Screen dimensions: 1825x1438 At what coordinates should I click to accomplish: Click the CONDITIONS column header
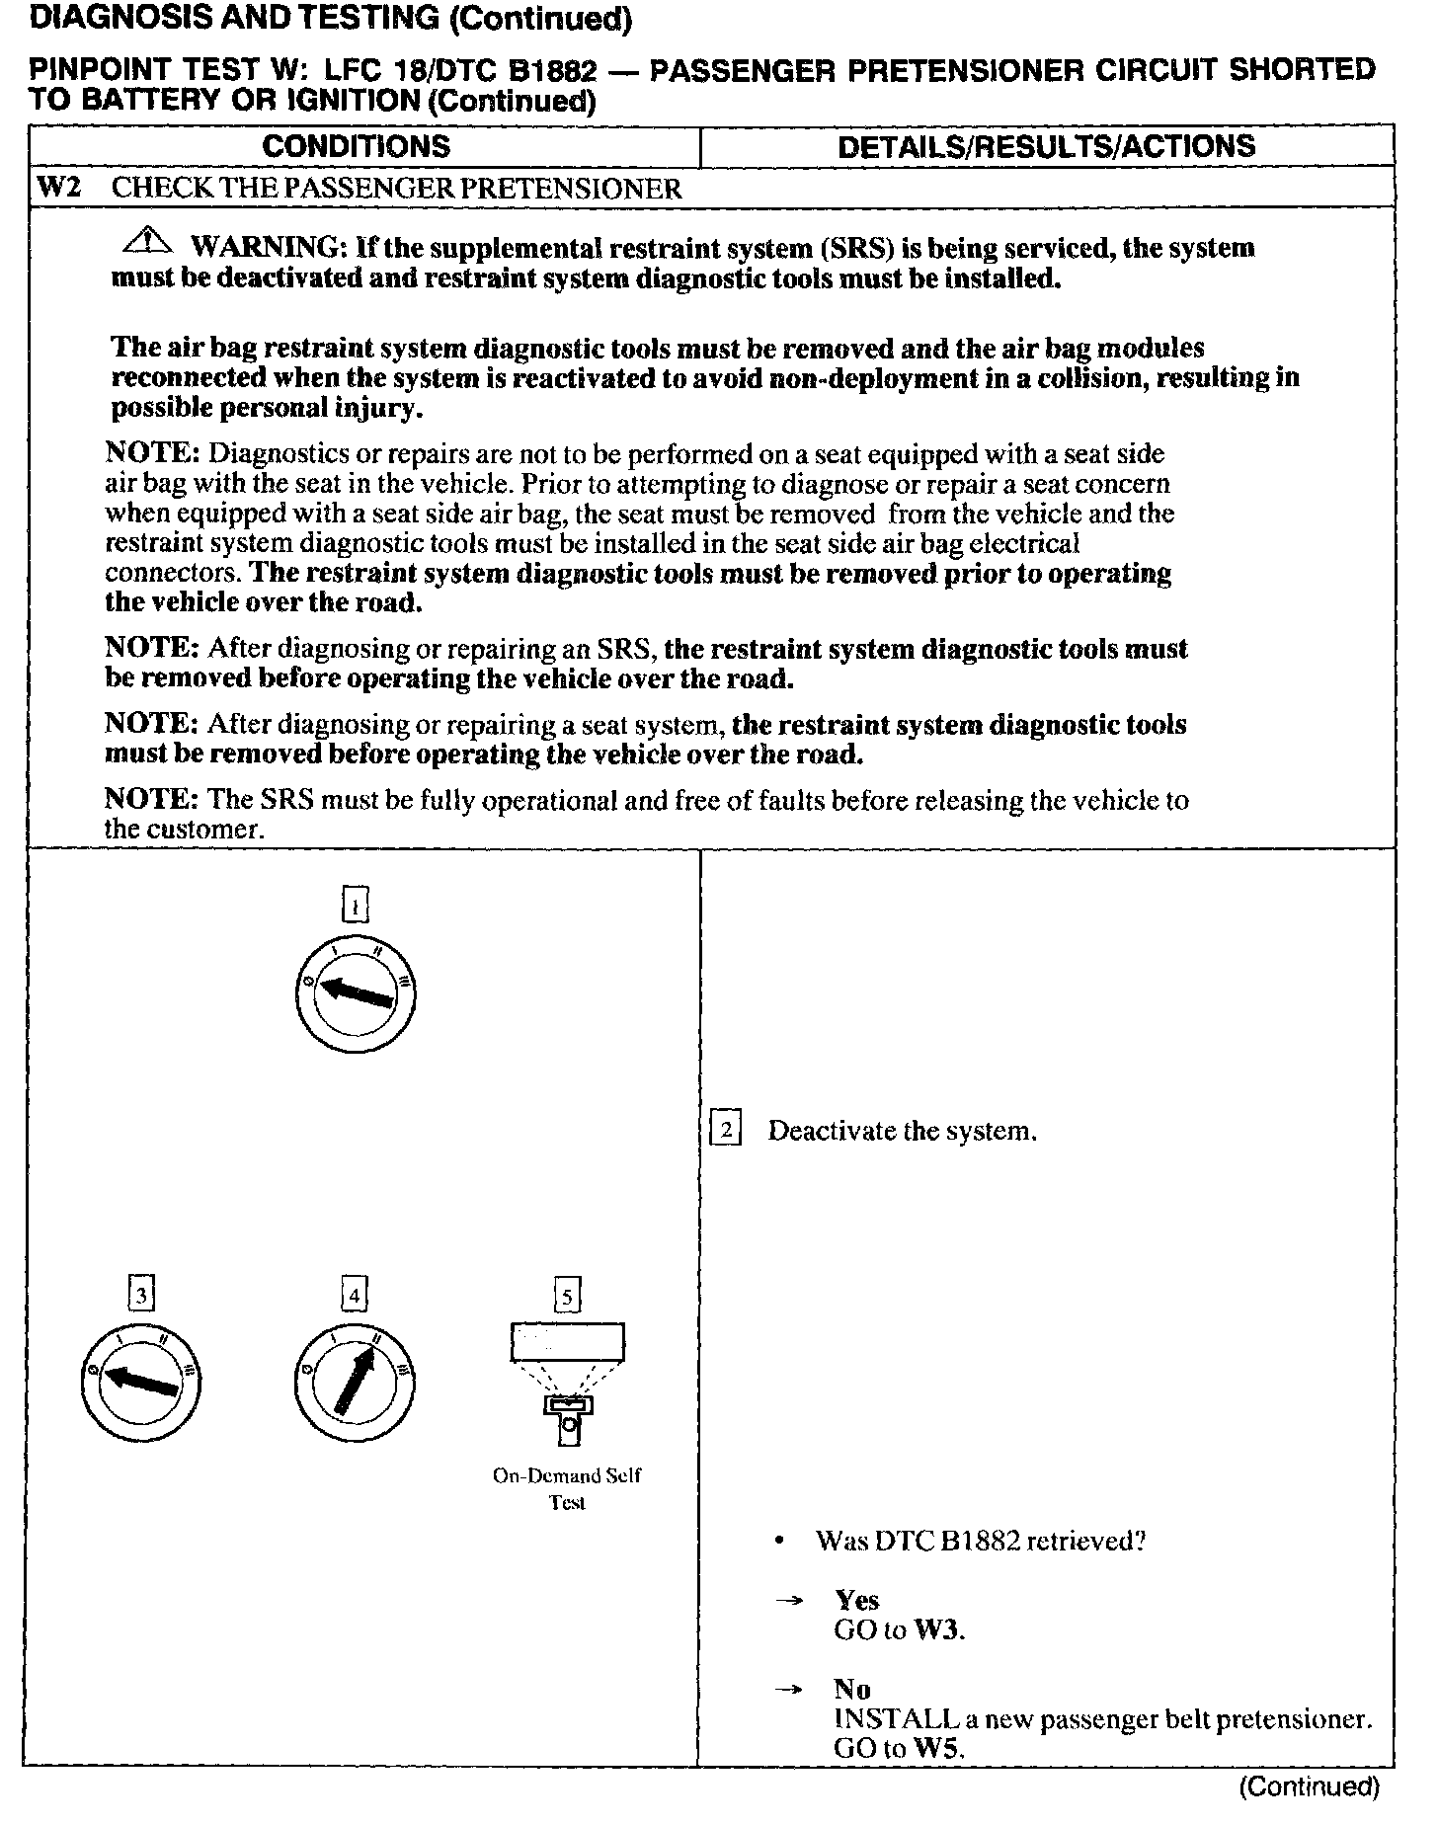356,147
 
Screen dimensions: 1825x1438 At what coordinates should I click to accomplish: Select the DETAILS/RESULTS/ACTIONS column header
1046,147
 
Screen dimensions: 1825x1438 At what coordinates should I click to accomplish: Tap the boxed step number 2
726,1130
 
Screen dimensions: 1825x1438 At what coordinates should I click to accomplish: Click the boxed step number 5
567,1295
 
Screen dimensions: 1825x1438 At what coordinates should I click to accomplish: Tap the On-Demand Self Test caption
567,1489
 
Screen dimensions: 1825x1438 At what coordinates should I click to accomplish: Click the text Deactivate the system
902,1131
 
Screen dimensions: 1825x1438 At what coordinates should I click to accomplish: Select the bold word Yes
856,1600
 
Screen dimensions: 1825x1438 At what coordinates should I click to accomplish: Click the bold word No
851,1689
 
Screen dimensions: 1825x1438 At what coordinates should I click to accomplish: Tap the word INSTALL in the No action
897,1719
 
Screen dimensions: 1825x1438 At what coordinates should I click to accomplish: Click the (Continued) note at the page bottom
1308,1785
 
